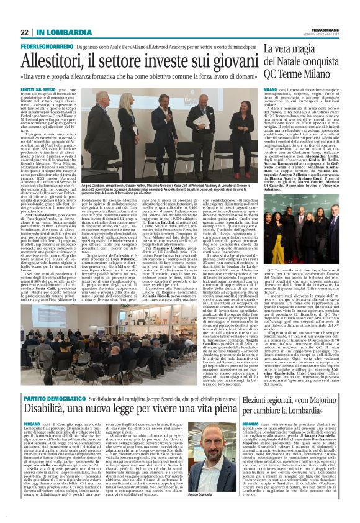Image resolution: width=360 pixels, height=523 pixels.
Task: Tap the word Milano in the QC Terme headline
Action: (x=327, y=73)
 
